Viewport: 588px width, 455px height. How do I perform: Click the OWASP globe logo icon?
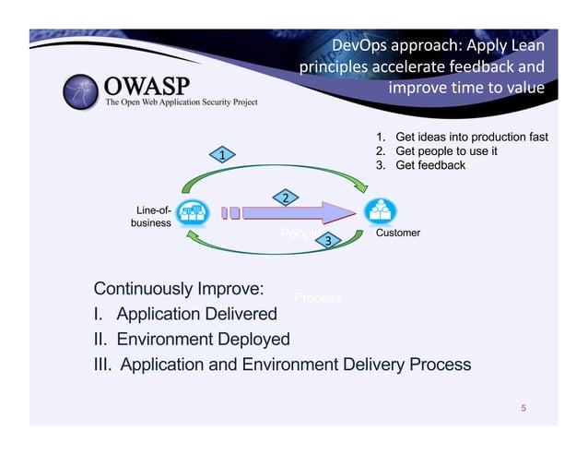pos(81,90)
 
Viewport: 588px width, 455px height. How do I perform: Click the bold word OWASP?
pos(147,86)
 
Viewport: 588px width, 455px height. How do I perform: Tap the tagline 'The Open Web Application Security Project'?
pos(182,102)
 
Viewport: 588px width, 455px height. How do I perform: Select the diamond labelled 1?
pos(222,155)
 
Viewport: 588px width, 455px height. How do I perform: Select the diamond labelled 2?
pos(286,198)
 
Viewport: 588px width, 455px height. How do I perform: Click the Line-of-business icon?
pos(193,213)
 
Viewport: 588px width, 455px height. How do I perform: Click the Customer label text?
pos(398,233)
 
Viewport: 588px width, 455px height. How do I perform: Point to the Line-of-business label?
pos(151,217)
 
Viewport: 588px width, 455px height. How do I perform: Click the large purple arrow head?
pos(342,213)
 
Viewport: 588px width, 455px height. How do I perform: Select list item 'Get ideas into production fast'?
pos(471,138)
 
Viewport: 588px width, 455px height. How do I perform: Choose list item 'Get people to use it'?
pos(446,151)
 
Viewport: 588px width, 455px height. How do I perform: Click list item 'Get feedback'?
pos(429,165)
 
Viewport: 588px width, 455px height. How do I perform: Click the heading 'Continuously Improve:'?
pos(180,283)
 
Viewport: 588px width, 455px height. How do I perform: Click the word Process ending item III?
pos(435,365)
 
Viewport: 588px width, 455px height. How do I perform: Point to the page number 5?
pos(523,407)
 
